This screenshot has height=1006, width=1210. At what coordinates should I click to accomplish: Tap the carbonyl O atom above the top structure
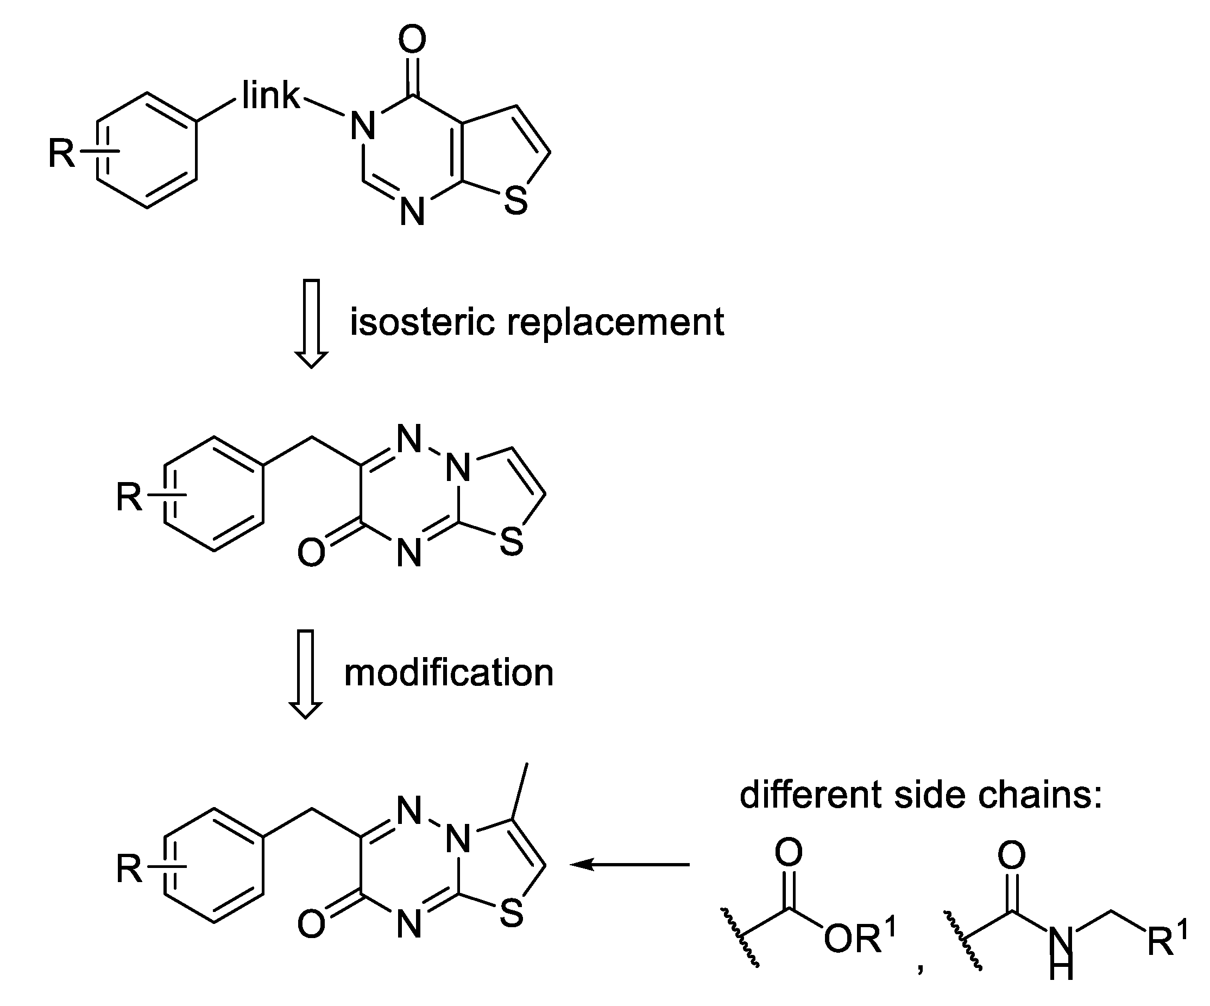pyautogui.click(x=412, y=40)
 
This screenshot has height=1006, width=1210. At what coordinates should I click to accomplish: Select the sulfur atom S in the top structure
pyautogui.click(x=516, y=201)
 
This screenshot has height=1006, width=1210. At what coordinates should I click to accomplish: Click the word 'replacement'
pyautogui.click(x=615, y=322)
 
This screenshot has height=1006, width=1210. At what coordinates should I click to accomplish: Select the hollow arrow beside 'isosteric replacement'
pyautogui.click(x=311, y=323)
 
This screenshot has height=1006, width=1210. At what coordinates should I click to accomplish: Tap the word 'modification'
pyautogui.click(x=449, y=673)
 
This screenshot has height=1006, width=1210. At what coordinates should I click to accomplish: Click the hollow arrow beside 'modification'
pyautogui.click(x=305, y=674)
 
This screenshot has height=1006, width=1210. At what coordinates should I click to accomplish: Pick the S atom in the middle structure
pyautogui.click(x=512, y=542)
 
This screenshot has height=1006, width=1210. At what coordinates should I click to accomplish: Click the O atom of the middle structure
pyautogui.click(x=311, y=552)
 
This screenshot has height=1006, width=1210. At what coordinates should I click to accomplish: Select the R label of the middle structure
pyautogui.click(x=129, y=497)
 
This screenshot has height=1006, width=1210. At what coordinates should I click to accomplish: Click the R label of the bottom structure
pyautogui.click(x=129, y=868)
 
